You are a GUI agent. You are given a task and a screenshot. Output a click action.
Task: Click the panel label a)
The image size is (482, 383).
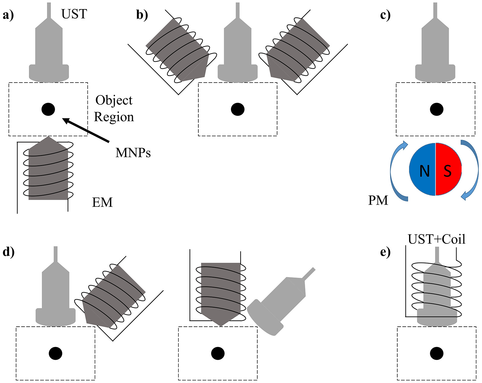tap(8, 15)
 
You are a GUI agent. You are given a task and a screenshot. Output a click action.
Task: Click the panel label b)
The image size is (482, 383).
tap(142, 15)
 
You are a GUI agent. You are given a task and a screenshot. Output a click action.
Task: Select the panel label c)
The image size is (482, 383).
tap(385, 15)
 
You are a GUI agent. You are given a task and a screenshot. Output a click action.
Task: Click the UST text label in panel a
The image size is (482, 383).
tap(74, 14)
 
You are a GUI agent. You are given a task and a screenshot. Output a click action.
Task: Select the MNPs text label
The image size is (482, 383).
tap(133, 153)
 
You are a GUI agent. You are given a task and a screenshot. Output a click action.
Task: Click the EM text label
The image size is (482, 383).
tap(102, 202)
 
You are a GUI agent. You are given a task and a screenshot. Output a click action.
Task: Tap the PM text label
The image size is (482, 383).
tap(378, 200)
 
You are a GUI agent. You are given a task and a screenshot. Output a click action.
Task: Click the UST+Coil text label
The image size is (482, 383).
tap(436, 239)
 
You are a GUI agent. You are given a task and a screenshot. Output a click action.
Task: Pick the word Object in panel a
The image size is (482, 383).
tap(114, 100)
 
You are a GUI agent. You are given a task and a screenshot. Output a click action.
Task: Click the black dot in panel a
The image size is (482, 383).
tap(48, 109)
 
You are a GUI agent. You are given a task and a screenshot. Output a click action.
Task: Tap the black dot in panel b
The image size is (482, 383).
tap(238, 109)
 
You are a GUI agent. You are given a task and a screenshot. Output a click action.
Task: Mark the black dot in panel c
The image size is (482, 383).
tap(436, 109)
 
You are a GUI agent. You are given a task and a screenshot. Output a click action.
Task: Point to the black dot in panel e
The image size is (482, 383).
tap(436, 354)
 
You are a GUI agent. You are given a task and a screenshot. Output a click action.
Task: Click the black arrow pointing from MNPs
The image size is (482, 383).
tap(86, 130)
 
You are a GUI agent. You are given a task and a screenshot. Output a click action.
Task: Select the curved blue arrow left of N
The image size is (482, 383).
tap(396, 171)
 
